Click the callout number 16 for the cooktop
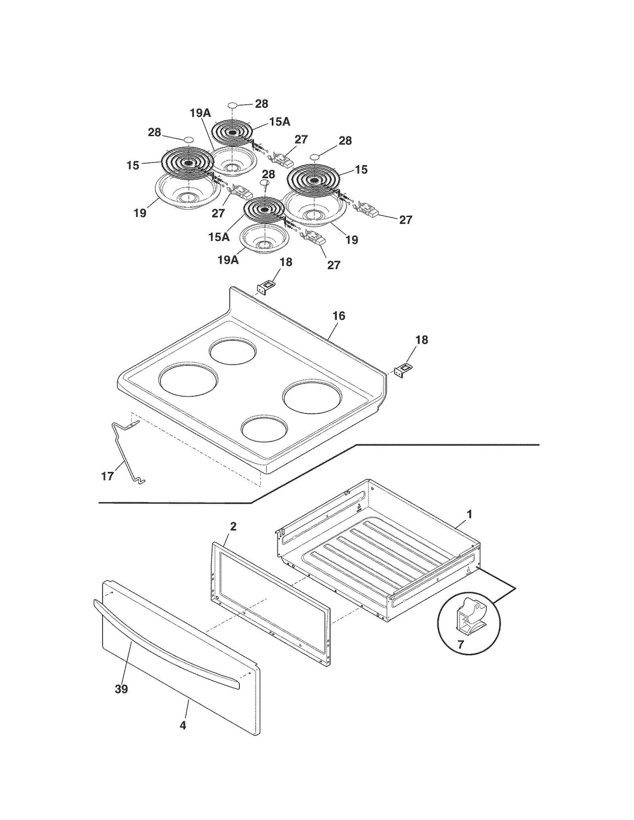(338, 316)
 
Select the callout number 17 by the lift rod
(107, 476)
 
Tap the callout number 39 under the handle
(121, 689)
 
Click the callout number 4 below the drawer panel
(183, 725)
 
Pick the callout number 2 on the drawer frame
(233, 527)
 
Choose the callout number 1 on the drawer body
(470, 514)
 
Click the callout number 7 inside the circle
(460, 645)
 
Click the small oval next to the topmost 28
(233, 105)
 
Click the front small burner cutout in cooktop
(265, 429)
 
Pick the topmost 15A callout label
(280, 122)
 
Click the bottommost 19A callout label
(228, 260)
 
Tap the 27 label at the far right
(405, 220)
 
